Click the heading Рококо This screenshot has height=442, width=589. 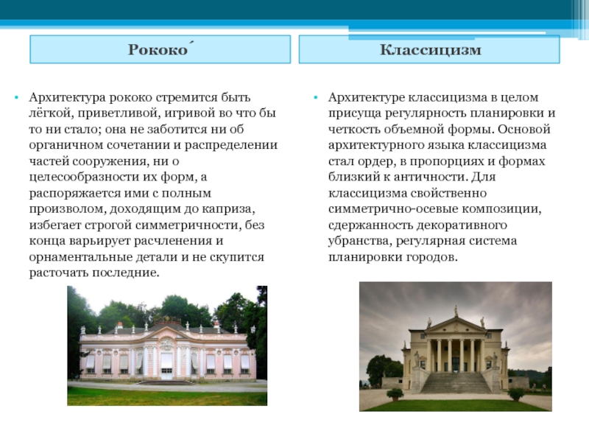click(159, 49)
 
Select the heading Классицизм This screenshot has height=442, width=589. click(431, 49)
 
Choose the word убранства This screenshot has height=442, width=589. click(359, 241)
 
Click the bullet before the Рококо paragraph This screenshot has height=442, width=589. click(16, 98)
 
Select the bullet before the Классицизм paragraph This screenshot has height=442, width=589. click(316, 98)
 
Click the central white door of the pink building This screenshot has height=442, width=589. click(166, 365)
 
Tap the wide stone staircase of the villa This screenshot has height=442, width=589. click(456, 382)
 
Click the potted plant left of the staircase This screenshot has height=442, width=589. click(395, 394)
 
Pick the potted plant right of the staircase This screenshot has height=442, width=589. click(516, 394)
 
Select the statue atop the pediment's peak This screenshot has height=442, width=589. click(456, 311)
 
